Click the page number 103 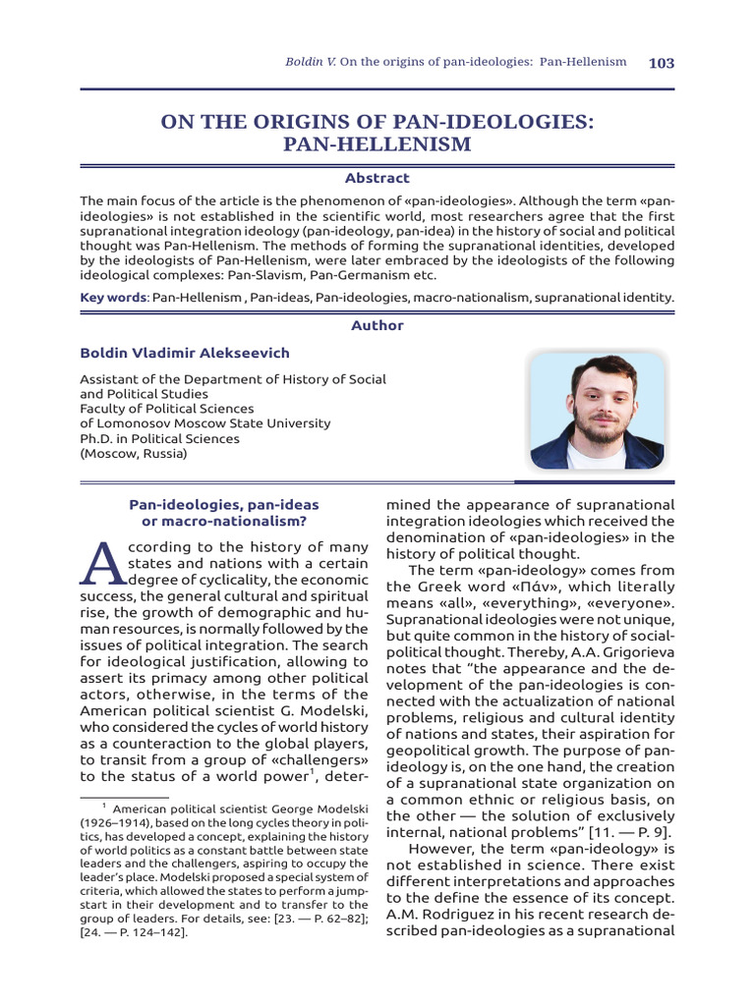662,63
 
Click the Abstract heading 377,178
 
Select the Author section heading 377,325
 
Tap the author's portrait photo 597,410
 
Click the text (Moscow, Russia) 133,454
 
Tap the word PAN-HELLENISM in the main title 377,145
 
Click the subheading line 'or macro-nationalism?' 224,521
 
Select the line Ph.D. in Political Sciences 159,439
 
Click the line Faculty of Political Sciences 166,409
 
